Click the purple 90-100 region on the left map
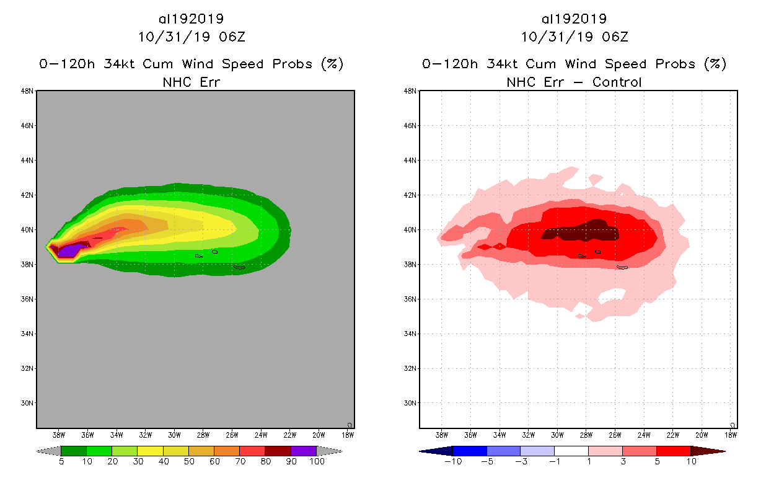tap(68, 250)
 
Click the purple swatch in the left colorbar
tap(304, 451)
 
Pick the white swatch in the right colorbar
tap(571, 451)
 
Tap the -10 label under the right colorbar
tap(452, 462)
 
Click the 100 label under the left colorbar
tap(317, 462)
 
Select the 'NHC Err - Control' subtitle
tap(574, 82)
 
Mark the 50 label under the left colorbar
tap(188, 462)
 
